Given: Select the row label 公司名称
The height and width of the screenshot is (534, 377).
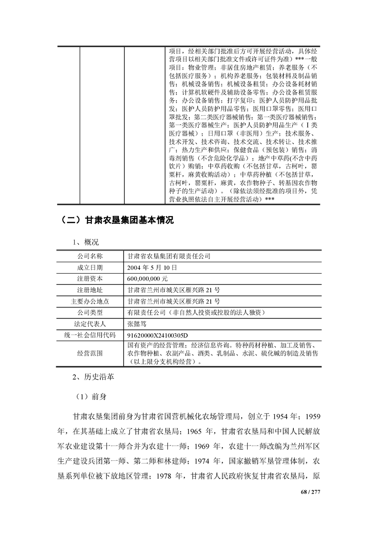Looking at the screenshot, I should click(90, 256).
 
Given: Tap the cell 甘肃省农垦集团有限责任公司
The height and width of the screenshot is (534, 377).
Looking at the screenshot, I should click(169, 256).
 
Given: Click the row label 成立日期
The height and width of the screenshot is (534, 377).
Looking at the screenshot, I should click(90, 267).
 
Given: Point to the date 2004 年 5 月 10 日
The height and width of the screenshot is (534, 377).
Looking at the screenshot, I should click(153, 267).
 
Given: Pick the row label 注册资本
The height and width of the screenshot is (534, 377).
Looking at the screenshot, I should click(90, 278).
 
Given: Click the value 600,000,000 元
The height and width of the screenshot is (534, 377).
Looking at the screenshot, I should click(147, 278).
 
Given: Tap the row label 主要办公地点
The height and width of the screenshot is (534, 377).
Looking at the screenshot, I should click(90, 301).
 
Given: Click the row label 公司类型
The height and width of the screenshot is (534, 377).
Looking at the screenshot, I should click(90, 312).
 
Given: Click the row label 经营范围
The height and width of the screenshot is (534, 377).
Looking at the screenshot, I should click(90, 354).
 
